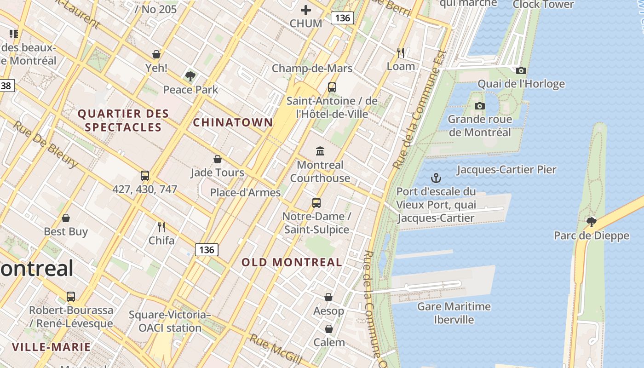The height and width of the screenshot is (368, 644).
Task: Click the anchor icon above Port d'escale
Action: (435, 178)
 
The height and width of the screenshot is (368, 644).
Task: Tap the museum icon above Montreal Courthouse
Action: (320, 151)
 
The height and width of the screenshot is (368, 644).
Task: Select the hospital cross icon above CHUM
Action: (306, 10)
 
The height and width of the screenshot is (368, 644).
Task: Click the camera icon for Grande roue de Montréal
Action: (479, 106)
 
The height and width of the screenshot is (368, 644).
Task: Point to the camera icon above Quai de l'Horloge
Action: (521, 70)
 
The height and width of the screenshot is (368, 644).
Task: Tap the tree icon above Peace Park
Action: (190, 76)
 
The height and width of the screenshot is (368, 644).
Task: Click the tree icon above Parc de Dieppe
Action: (591, 222)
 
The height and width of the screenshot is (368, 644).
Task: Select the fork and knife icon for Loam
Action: (401, 53)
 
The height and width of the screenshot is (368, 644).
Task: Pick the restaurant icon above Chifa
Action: (161, 227)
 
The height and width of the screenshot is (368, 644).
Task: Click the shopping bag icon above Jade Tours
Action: (218, 159)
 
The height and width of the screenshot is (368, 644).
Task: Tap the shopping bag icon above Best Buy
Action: (66, 218)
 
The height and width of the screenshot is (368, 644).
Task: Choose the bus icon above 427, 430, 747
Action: (145, 175)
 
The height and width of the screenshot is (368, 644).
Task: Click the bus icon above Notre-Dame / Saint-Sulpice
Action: (316, 202)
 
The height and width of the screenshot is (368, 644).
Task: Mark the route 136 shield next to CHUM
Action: (342, 18)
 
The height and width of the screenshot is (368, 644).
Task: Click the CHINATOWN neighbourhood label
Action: (233, 122)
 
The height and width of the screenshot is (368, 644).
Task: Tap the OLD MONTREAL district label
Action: (292, 262)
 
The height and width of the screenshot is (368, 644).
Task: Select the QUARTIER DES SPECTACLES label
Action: (123, 120)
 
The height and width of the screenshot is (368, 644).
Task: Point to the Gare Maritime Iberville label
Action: (454, 313)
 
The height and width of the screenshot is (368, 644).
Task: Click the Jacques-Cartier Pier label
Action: (506, 170)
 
